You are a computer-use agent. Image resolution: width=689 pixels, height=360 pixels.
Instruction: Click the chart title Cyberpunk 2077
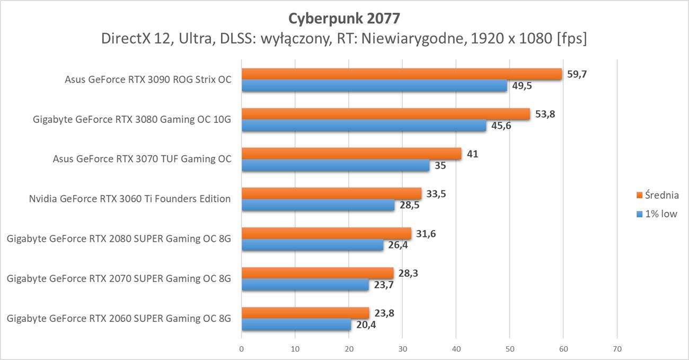[x=344, y=18]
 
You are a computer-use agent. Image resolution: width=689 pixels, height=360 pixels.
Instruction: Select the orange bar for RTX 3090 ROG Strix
[x=401, y=74]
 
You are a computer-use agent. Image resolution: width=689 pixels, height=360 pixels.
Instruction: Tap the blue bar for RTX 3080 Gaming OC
[x=364, y=126]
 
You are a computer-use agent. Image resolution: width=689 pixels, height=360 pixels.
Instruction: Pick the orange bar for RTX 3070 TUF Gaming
[x=351, y=154]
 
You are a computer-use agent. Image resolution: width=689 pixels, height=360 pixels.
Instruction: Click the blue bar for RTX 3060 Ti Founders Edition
[x=318, y=205]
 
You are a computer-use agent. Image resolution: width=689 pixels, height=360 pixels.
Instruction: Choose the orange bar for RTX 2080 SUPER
[x=326, y=233]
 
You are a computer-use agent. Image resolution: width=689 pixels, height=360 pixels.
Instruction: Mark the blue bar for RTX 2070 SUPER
[x=305, y=285]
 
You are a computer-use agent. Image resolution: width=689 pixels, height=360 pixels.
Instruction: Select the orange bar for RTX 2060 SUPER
[x=305, y=313]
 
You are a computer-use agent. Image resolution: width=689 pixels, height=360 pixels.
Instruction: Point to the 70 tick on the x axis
[x=617, y=349]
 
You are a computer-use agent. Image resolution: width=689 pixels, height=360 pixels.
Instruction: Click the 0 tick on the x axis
[x=242, y=349]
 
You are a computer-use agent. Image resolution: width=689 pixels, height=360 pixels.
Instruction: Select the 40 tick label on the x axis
[x=456, y=349]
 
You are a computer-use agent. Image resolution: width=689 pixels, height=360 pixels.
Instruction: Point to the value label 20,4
[x=366, y=324]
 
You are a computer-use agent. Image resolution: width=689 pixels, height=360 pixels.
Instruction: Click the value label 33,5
[x=436, y=194]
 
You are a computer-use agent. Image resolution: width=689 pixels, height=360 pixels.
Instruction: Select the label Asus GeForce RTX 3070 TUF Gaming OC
[x=142, y=159]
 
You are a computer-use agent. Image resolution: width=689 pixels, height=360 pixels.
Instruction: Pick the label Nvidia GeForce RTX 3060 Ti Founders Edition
[x=130, y=199]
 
